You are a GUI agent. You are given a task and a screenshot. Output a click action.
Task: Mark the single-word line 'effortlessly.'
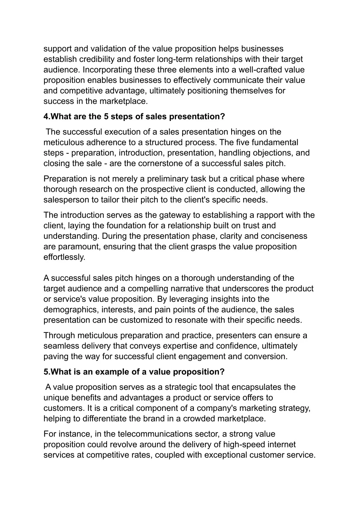[x=64, y=257]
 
